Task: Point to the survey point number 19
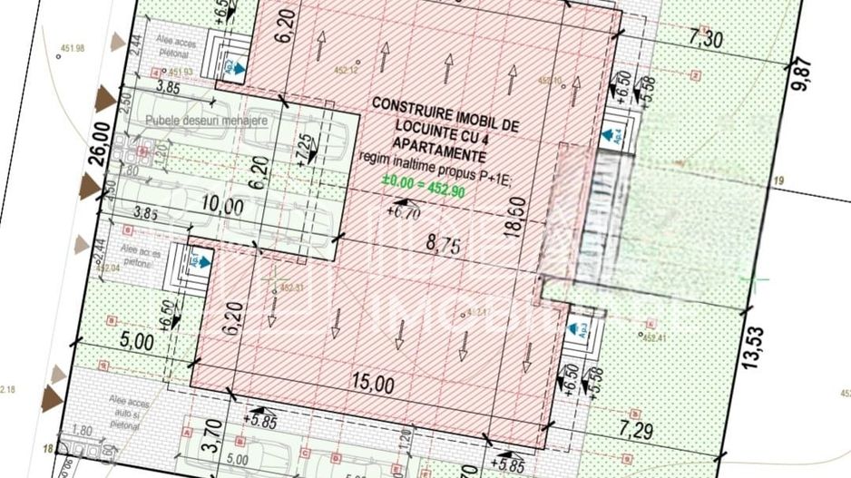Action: (x=778, y=181)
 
